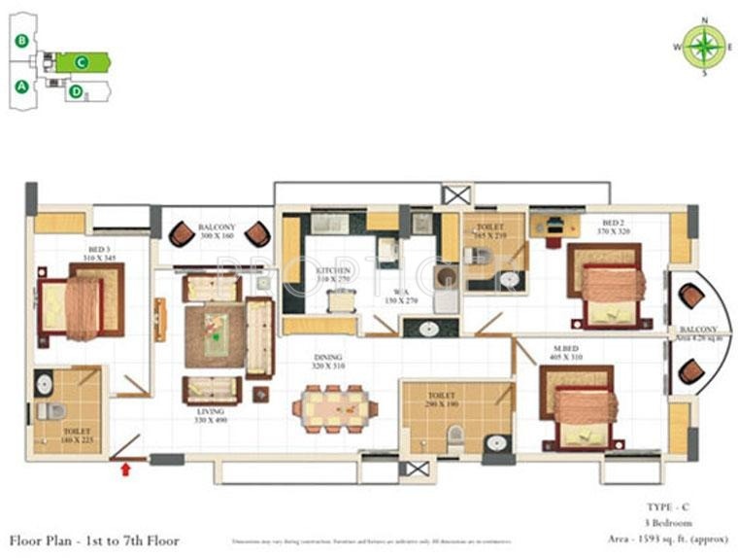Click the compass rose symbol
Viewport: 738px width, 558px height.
click(x=704, y=46)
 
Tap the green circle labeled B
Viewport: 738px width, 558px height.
click(x=21, y=41)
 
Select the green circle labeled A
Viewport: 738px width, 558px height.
click(x=20, y=86)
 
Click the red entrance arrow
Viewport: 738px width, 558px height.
click(x=124, y=471)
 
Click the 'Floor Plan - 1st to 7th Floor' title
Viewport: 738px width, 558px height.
click(x=94, y=540)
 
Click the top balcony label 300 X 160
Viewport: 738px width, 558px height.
click(x=217, y=230)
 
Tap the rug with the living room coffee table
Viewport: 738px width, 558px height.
click(x=213, y=335)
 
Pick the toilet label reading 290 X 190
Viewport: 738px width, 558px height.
click(x=441, y=400)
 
